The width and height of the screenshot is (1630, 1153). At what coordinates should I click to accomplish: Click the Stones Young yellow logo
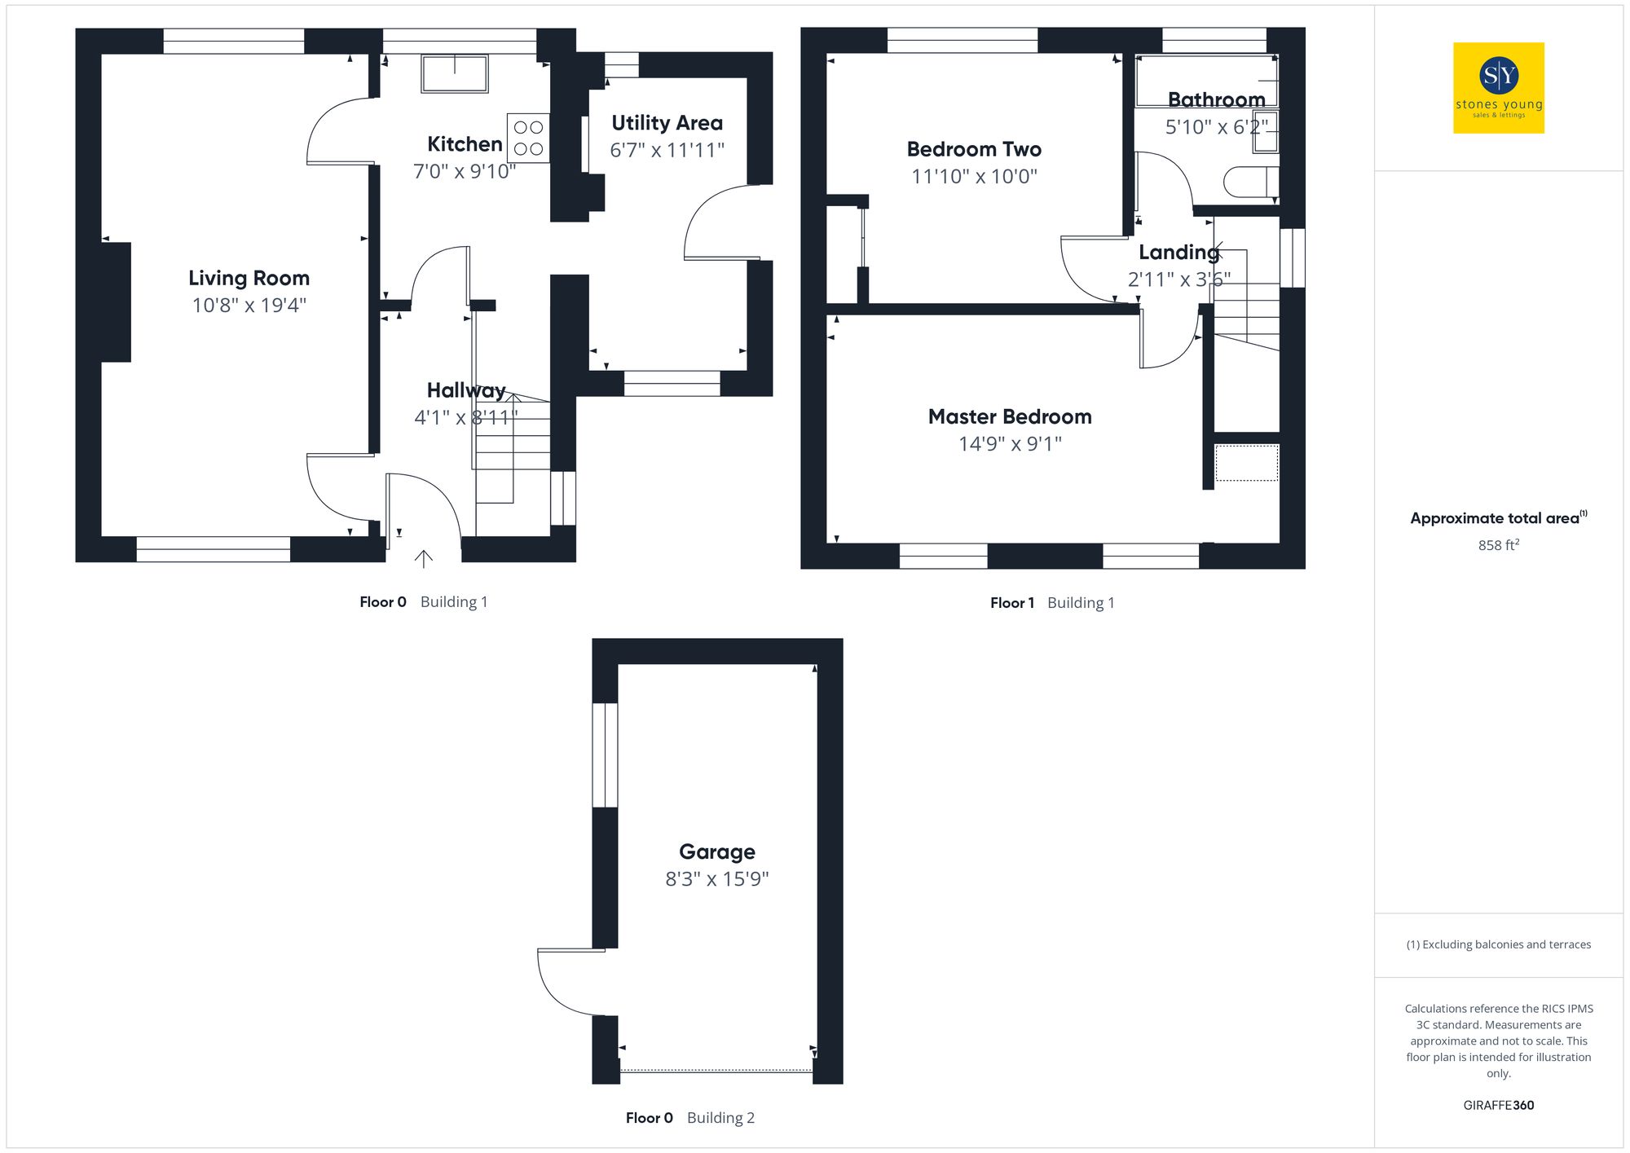(x=1498, y=88)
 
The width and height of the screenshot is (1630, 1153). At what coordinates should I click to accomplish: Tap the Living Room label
(x=249, y=279)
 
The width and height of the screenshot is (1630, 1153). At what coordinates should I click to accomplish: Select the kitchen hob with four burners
(x=528, y=138)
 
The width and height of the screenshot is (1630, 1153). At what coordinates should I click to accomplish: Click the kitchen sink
(x=454, y=73)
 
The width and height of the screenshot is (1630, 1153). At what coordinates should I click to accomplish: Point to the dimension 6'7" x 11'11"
(x=667, y=150)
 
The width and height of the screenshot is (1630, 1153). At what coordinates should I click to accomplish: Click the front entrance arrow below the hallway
(x=423, y=558)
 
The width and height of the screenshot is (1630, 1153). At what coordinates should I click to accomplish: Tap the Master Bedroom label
(x=1009, y=417)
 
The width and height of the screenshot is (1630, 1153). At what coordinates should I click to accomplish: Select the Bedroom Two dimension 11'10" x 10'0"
(x=974, y=177)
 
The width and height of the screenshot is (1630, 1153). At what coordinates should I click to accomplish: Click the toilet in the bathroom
(x=1250, y=183)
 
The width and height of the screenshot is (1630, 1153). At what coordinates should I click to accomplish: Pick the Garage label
(x=716, y=852)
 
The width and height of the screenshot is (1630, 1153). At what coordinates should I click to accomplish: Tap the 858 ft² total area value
(x=1498, y=545)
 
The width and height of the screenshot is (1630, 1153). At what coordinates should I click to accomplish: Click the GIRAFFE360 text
(x=1498, y=1106)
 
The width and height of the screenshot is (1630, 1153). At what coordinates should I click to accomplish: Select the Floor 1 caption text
(x=1011, y=603)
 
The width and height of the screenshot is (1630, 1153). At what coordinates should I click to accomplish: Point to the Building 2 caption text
(x=720, y=1118)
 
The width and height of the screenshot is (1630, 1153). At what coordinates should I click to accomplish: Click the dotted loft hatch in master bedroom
(x=1246, y=463)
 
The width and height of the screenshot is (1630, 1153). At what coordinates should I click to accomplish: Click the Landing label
(x=1178, y=253)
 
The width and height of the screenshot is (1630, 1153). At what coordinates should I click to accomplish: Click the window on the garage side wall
(x=605, y=755)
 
